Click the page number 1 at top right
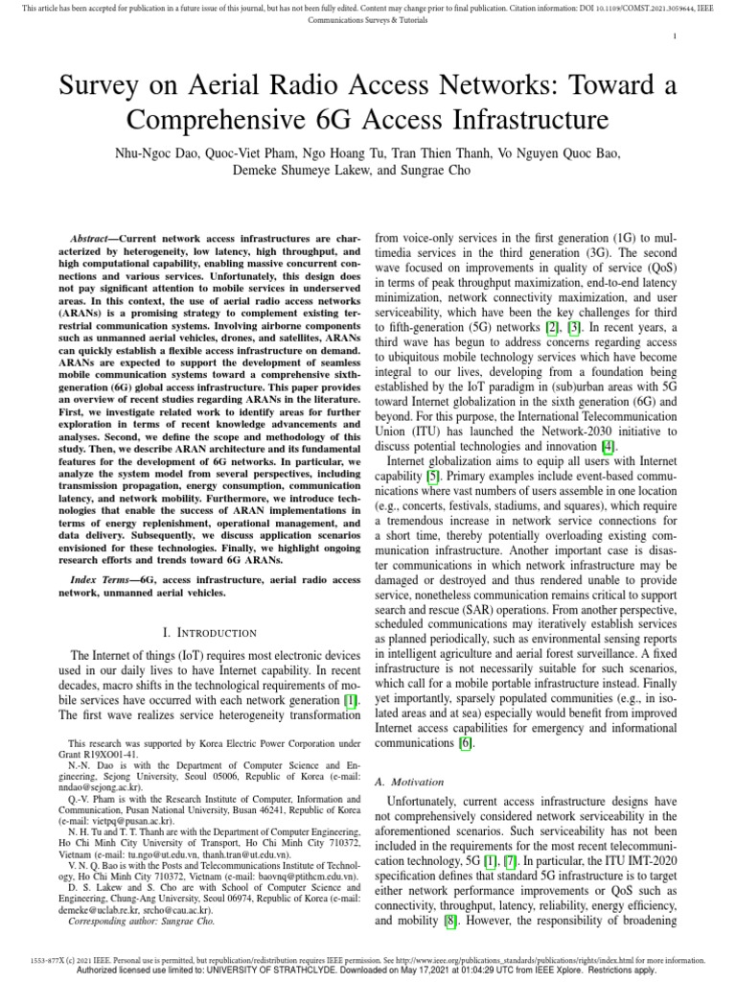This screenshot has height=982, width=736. tap(676, 37)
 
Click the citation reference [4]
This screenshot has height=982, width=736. tap(607, 444)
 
